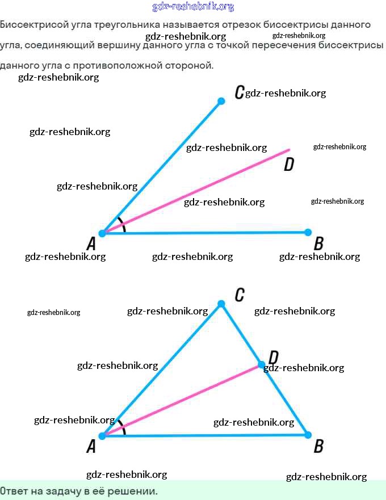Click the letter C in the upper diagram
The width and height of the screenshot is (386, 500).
point(239,92)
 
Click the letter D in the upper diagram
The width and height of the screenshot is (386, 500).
point(289,165)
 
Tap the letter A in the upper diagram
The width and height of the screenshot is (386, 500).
point(91,245)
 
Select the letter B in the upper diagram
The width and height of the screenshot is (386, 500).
point(318,244)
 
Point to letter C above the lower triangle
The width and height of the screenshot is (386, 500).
point(240,295)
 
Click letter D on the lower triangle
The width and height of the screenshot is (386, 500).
point(274,358)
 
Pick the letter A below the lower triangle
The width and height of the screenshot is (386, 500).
point(91,447)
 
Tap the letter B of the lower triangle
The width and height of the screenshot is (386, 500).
point(318,446)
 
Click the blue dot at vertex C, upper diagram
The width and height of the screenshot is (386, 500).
point(221,102)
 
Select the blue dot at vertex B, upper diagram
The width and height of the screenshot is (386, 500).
point(308,232)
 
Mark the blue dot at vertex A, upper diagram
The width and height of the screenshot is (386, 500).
point(102,233)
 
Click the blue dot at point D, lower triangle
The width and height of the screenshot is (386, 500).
point(262,364)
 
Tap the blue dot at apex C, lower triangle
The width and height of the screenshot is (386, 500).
point(221,304)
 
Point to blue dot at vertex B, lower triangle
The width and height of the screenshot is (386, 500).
point(308,435)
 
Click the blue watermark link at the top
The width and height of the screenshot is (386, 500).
point(193,7)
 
